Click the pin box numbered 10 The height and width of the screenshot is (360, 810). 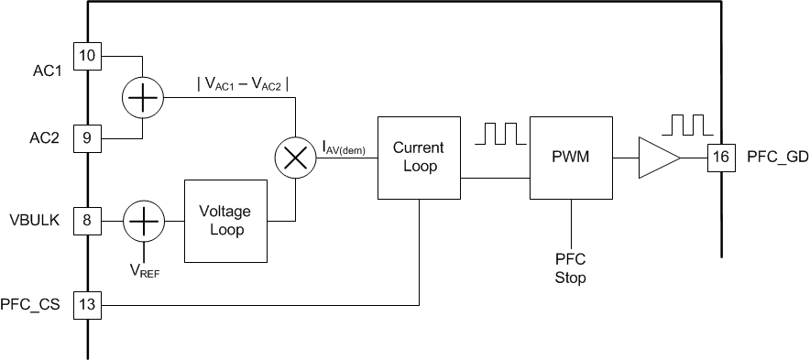click(x=88, y=55)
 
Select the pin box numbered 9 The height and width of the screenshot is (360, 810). click(x=88, y=137)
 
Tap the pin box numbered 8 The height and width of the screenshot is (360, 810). click(x=88, y=220)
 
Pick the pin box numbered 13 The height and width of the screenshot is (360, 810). click(x=88, y=305)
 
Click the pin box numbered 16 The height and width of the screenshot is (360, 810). click(x=721, y=157)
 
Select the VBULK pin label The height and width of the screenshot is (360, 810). click(x=34, y=221)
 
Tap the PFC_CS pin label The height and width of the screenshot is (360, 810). click(x=30, y=305)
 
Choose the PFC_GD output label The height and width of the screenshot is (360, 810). click(x=778, y=157)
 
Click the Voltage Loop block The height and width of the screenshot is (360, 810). click(x=226, y=220)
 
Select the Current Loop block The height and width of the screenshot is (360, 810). click(x=418, y=157)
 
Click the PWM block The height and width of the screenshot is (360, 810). click(x=571, y=157)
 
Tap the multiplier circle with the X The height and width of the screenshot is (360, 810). click(x=295, y=157)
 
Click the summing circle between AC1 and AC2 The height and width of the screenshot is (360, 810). click(x=142, y=96)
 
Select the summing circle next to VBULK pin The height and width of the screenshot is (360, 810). click(x=142, y=220)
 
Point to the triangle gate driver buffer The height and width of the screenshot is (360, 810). click(x=658, y=157)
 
